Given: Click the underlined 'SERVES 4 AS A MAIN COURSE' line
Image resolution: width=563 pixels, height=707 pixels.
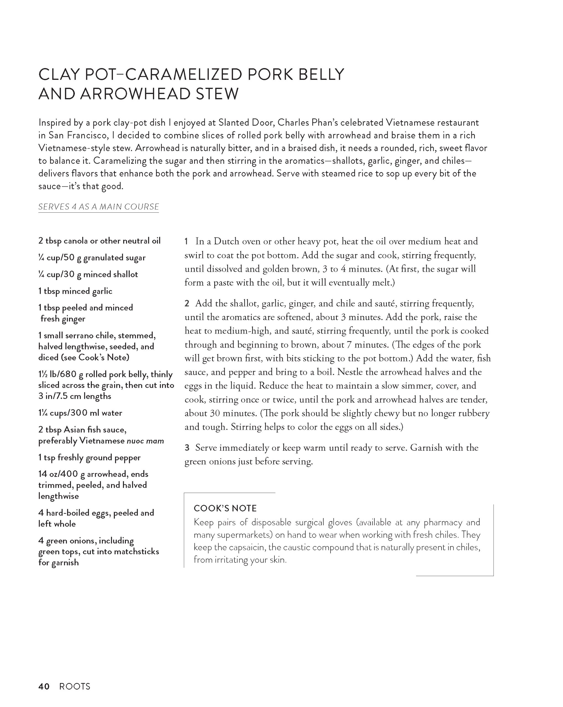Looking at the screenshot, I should coord(99,207).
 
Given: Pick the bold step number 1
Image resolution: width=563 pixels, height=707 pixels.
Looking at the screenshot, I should coord(186,242).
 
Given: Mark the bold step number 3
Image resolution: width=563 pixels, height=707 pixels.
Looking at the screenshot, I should coord(187,448).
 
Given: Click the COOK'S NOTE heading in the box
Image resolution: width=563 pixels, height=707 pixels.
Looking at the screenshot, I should coord(225,508).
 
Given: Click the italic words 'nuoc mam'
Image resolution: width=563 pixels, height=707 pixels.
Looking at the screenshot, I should coord(145,441).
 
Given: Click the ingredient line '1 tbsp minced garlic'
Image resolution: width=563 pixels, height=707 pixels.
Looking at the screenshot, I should coord(75,291).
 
